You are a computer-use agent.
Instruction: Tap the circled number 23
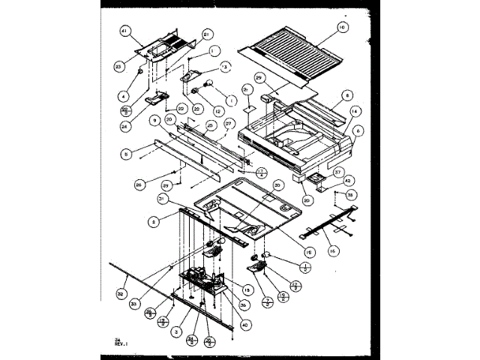point(118,65)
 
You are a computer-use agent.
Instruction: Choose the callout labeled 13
point(223,67)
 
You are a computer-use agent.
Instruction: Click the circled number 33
point(135,302)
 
